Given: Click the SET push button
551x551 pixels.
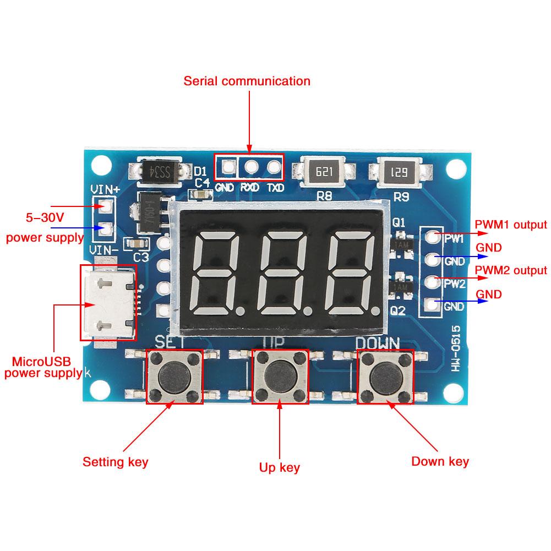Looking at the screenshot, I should click(x=174, y=377).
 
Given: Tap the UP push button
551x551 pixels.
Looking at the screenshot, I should click(x=280, y=377).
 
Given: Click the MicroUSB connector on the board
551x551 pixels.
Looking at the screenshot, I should click(x=107, y=302).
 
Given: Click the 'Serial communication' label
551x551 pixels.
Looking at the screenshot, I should click(x=247, y=81).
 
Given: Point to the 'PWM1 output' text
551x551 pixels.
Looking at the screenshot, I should click(x=511, y=225).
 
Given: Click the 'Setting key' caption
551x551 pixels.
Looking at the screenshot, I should click(x=115, y=461).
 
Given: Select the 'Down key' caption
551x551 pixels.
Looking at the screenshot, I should click(x=440, y=461).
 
